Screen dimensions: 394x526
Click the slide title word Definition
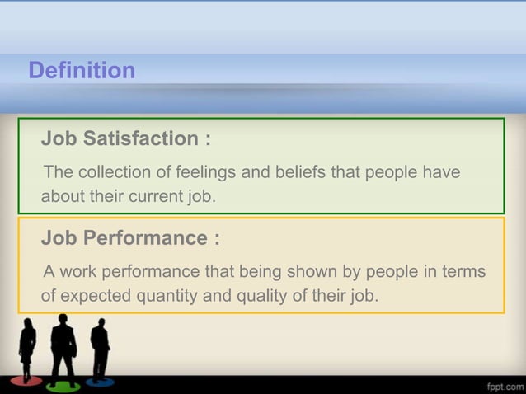[x=82, y=71]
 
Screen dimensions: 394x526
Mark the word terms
[x=463, y=272]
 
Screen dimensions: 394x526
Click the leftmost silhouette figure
[x=27, y=349]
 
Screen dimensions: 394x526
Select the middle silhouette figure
[x=63, y=346]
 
